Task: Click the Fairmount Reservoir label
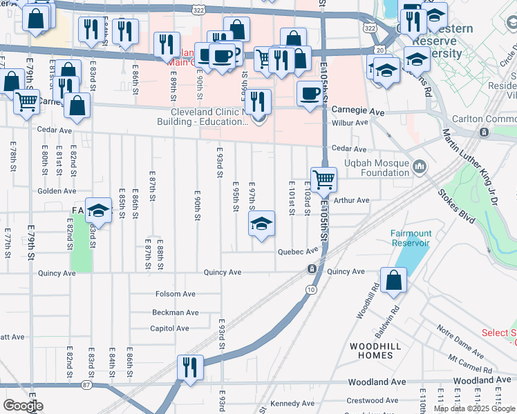tap(410, 238)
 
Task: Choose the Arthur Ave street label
tap(352, 200)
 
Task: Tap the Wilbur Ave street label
tap(350, 122)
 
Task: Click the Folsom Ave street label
tap(176, 294)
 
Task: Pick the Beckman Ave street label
tap(175, 312)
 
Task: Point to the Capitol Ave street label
tap(169, 328)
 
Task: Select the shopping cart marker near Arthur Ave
tap(323, 180)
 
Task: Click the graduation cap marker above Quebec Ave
tap(261, 224)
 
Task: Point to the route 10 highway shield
tap(312, 289)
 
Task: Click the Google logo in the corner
tap(22, 406)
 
